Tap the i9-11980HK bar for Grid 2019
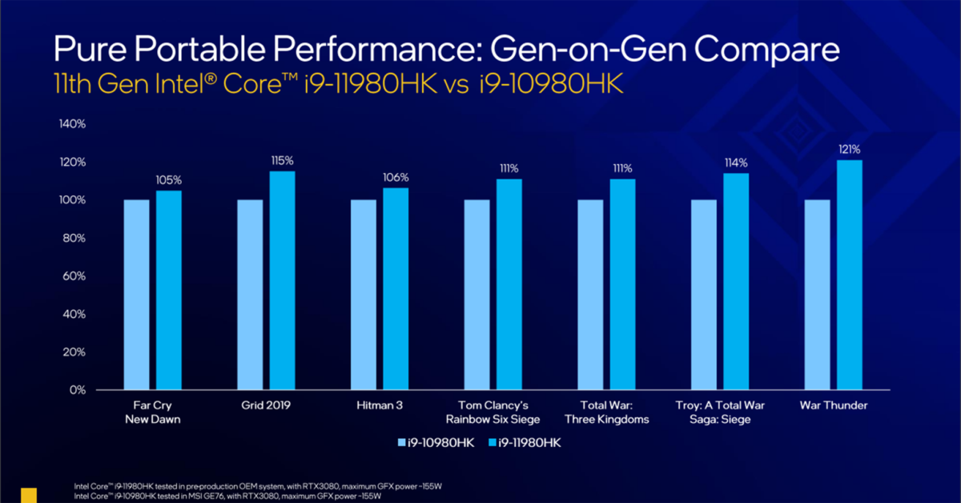[x=283, y=280]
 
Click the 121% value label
[x=850, y=149]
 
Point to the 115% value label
[x=283, y=160]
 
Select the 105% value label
[x=169, y=179]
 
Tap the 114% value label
[x=736, y=162]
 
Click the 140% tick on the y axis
[x=71, y=124]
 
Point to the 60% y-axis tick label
[x=74, y=276]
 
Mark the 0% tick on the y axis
[x=77, y=390]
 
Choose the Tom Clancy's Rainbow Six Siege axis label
[x=493, y=412]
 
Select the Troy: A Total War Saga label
[x=721, y=412]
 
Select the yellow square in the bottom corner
[x=29, y=495]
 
